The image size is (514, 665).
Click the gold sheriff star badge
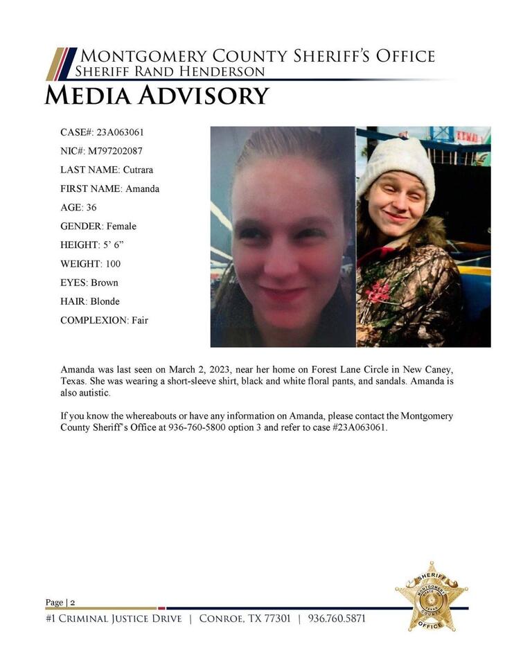click(431, 596)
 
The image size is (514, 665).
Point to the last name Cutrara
click(138, 170)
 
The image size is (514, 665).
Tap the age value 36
click(91, 207)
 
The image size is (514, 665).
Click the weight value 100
click(113, 263)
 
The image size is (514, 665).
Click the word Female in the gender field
click(121, 226)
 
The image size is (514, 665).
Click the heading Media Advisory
click(157, 96)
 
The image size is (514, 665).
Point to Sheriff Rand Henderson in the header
click(170, 72)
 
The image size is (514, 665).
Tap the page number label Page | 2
click(60, 602)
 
